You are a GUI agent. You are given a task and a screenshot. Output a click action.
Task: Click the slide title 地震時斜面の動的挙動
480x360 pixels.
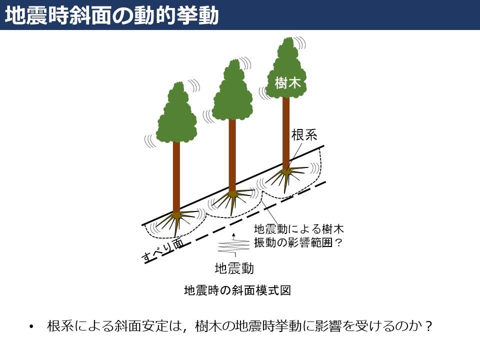pos(111,15)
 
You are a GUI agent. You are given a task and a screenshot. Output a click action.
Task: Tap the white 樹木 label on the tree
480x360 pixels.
pos(287,82)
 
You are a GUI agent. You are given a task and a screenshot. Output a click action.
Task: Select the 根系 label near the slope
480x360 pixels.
pos(304,135)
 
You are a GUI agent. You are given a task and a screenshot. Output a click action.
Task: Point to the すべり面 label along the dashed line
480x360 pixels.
pos(163,250)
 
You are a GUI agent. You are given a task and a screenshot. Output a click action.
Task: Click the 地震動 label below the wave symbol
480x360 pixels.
pos(234,268)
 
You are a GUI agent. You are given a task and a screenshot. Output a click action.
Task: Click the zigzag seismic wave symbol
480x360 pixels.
pos(234,246)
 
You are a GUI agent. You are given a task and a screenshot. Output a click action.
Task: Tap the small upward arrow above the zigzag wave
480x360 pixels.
pos(234,236)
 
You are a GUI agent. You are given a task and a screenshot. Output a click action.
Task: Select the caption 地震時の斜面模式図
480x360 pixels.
pos(237,290)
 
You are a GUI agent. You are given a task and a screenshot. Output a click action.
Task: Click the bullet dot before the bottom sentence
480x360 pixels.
pos(31,326)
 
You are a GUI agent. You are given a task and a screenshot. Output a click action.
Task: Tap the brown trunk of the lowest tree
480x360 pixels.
pos(176,177)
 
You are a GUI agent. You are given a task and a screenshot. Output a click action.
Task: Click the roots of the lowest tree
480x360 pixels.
pos(177,222)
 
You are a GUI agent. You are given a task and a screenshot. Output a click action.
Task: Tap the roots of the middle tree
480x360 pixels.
pos(233,201)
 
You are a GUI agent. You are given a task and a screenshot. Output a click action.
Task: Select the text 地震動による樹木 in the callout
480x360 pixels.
pos(299,229)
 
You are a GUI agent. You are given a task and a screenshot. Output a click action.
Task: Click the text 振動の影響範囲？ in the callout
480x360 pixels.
pos(297,242)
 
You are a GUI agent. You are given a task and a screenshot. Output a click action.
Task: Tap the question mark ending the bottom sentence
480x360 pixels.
pos(428,326)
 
